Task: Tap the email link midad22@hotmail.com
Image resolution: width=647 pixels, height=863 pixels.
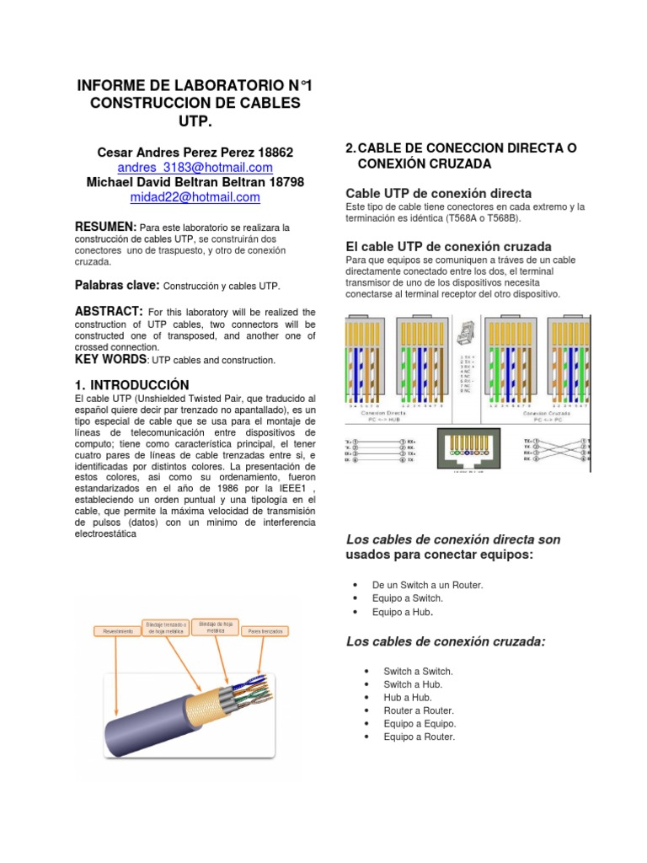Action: point(195,197)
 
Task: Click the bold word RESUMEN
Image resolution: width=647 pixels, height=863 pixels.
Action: point(105,228)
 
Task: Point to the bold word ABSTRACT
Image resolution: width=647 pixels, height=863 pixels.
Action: point(109,312)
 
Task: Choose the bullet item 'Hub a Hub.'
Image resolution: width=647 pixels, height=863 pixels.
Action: point(407,698)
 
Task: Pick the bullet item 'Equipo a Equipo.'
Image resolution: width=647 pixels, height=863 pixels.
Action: point(419,724)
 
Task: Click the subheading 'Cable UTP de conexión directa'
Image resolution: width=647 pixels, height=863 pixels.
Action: point(438,193)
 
